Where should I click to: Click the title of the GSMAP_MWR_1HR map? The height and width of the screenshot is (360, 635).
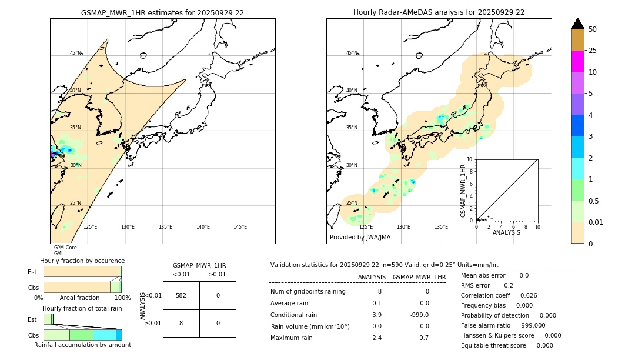pyautogui.click(x=162, y=12)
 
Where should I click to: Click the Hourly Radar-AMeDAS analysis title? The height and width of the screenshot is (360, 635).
pyautogui.click(x=439, y=12)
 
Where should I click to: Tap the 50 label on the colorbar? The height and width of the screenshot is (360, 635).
pyautogui.click(x=593, y=29)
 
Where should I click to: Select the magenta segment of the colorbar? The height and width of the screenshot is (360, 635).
pyautogui.click(x=577, y=61)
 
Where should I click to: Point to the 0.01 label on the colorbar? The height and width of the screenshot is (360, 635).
pyautogui.click(x=596, y=222)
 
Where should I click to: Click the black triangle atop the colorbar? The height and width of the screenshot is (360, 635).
pyautogui.click(x=577, y=24)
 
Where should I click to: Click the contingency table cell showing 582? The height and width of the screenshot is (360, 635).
pyautogui.click(x=181, y=295)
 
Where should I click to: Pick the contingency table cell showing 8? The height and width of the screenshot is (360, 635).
pyautogui.click(x=181, y=323)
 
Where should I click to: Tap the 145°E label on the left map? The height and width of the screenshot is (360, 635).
pyautogui.click(x=240, y=227)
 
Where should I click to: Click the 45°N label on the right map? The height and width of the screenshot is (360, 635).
pyautogui.click(x=352, y=53)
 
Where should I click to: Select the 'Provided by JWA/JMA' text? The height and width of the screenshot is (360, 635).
pyautogui.click(x=360, y=238)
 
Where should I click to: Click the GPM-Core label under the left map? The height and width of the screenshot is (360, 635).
pyautogui.click(x=65, y=248)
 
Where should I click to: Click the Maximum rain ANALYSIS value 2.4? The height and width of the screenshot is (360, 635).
pyautogui.click(x=376, y=338)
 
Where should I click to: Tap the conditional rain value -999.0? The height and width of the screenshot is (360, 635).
pyautogui.click(x=419, y=315)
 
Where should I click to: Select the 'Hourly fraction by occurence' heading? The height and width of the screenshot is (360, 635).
pyautogui.click(x=82, y=261)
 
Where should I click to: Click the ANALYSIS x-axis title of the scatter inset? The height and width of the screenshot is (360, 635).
pyautogui.click(x=506, y=232)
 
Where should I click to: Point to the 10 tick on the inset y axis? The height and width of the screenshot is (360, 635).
pyautogui.click(x=469, y=159)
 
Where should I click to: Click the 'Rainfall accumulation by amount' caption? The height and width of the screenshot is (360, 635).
pyautogui.click(x=82, y=345)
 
